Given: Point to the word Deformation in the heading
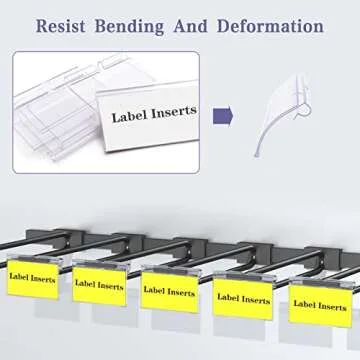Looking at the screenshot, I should [277, 25].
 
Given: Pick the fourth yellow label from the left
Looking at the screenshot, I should [242, 298].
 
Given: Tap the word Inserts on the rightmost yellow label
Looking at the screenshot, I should [330, 304].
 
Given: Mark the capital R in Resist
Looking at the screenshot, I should [42, 25].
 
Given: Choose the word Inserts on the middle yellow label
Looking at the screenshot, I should [181, 292].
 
